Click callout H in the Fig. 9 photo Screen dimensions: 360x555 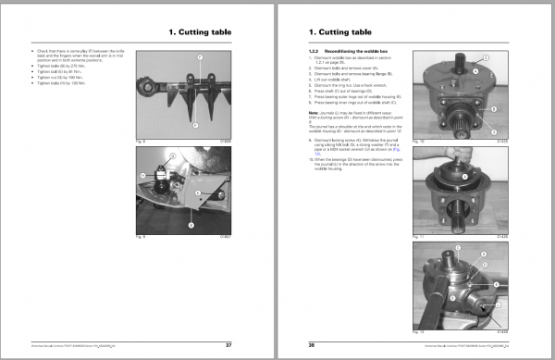click(143, 173)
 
